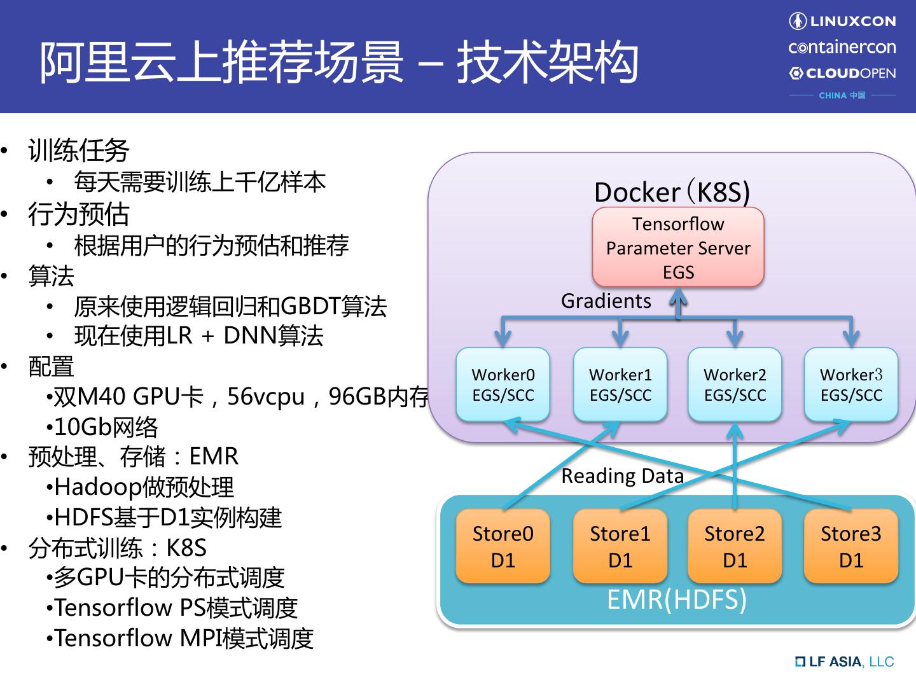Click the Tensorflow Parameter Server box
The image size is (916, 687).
pyautogui.click(x=678, y=247)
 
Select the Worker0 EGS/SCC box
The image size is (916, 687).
pyautogui.click(x=503, y=384)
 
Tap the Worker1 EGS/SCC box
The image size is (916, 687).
pyautogui.click(x=620, y=384)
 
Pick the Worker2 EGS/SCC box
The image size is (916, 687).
pyautogui.click(x=735, y=384)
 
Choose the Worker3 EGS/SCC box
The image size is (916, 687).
pyautogui.click(x=851, y=384)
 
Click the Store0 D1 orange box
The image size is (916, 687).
pyautogui.click(x=503, y=546)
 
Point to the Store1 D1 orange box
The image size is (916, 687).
pyautogui.click(x=620, y=546)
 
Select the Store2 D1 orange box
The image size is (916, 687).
pyautogui.click(x=735, y=546)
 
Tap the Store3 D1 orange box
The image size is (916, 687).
pyautogui.click(x=851, y=546)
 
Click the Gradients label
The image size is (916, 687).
pyautogui.click(x=606, y=301)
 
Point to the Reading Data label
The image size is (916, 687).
pyautogui.click(x=622, y=476)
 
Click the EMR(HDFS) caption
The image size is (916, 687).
pyautogui.click(x=677, y=599)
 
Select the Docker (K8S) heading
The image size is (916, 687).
pyautogui.click(x=672, y=192)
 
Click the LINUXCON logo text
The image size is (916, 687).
pyautogui.click(x=842, y=21)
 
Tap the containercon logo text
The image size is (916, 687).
pyautogui.click(x=842, y=47)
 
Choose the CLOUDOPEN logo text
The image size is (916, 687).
pyautogui.click(x=842, y=73)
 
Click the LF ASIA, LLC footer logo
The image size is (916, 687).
pyautogui.click(x=845, y=662)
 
